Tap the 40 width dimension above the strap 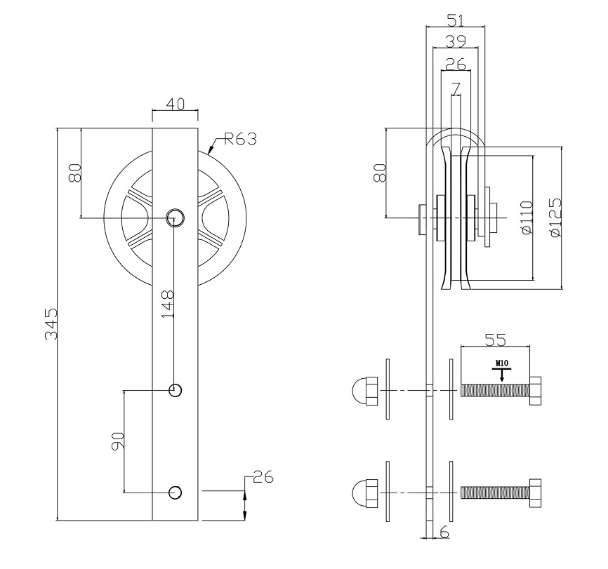pyautogui.click(x=175, y=104)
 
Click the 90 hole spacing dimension pyautogui.click(x=118, y=440)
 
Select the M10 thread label pyautogui.click(x=501, y=363)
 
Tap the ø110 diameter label pyautogui.click(x=527, y=217)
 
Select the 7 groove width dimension pyautogui.click(x=456, y=88)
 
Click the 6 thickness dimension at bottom pyautogui.click(x=444, y=533)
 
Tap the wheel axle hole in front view pyautogui.click(x=175, y=217)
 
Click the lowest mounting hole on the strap pyautogui.click(x=175, y=492)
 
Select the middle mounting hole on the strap pyautogui.click(x=175, y=389)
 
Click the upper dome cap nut pyautogui.click(x=364, y=390)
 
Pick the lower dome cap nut pyautogui.click(x=364, y=492)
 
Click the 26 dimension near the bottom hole pyautogui.click(x=262, y=478)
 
